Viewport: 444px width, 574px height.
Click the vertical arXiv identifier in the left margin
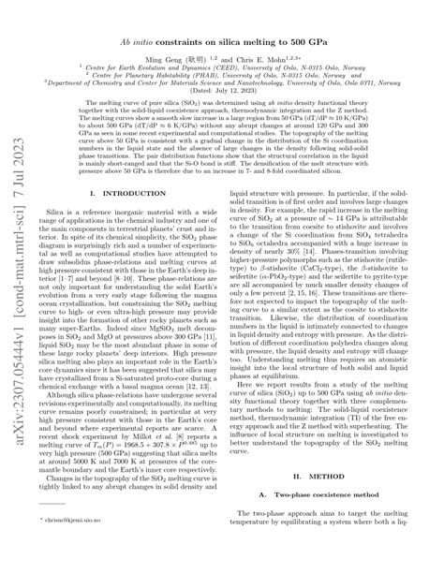(x=16, y=281)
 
